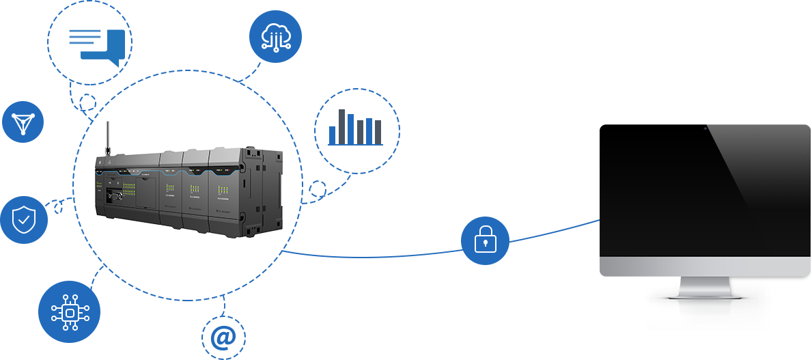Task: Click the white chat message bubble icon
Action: [85, 37]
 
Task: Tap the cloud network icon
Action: [276, 37]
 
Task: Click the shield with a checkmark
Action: [24, 220]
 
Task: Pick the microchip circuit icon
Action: [70, 312]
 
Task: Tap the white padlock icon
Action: [485, 240]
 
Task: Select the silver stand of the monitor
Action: [703, 286]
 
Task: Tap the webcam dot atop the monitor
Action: [704, 127]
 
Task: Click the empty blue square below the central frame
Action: [223, 337]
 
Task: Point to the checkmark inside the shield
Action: [24, 220]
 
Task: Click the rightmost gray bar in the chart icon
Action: [376, 132]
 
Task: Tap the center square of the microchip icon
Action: [70, 312]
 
